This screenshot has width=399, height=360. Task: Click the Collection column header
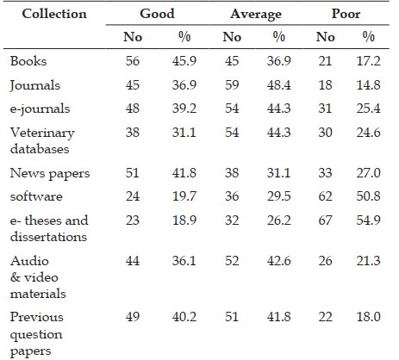point(54,14)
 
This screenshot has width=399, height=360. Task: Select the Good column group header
point(157,14)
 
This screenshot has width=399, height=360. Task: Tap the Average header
point(256,15)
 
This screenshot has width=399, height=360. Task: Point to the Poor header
point(346,14)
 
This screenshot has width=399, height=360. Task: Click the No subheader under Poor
point(326,37)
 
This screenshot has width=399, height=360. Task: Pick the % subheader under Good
point(184,37)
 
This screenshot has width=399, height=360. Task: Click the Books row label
point(28,61)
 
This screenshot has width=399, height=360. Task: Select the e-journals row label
point(40,109)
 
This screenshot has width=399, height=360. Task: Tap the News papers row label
point(50,174)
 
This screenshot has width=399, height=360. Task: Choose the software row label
point(36,196)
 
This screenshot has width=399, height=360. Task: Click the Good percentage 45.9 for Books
point(184,61)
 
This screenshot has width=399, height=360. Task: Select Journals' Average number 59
point(232,85)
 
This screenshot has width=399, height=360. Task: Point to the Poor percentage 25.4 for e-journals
point(369,109)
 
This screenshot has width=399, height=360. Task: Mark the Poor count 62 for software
point(325,196)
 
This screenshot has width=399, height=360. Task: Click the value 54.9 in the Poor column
point(369,220)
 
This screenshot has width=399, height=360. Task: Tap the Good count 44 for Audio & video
point(133,261)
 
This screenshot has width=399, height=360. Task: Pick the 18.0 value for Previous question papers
point(369,317)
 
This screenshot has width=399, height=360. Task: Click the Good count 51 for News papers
point(132,173)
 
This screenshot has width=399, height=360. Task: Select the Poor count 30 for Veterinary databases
point(325,133)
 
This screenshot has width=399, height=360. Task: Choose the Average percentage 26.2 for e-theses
point(279,220)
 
